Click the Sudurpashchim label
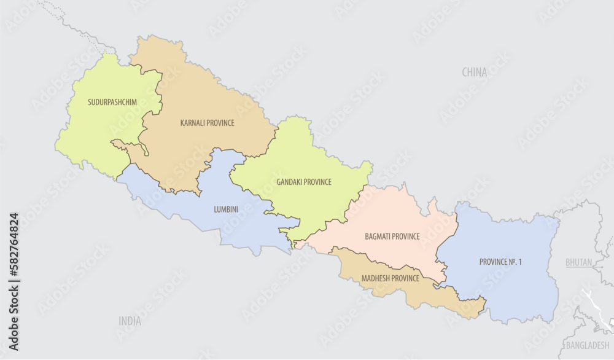tap(112, 101)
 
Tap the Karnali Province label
tap(207, 123)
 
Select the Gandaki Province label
tap(304, 182)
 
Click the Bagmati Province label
tap(392, 236)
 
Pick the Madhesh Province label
tap(390, 278)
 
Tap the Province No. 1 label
tap(500, 262)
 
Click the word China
tap(475, 72)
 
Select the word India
tap(130, 321)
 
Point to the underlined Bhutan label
tap(578, 262)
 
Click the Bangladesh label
tap(588, 345)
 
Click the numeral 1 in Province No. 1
tap(519, 262)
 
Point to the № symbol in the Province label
tap(511, 262)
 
